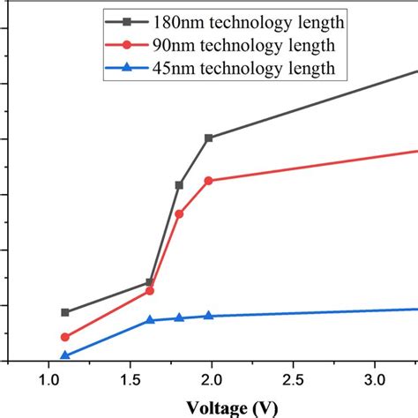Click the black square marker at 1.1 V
[x=64, y=312]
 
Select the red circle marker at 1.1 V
[x=64, y=337]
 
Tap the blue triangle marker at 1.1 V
[x=64, y=355]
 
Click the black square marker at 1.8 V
[x=179, y=185]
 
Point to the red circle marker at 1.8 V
[x=179, y=213]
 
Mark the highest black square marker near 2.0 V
[x=208, y=138]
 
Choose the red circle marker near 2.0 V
[x=208, y=181]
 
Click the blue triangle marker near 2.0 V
[x=208, y=315]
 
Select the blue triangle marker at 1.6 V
[x=150, y=319]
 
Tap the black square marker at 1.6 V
[x=150, y=282]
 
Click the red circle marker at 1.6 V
[x=150, y=290]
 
